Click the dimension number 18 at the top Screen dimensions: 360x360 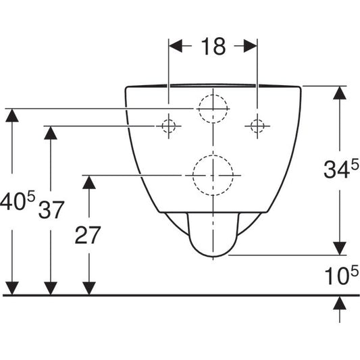point(213,47)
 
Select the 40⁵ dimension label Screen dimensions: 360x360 point(18,201)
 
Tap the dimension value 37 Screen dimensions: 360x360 point(51,210)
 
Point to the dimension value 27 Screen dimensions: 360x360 point(88,235)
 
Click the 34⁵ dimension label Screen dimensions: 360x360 point(341,170)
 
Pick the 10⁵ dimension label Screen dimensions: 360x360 point(341,275)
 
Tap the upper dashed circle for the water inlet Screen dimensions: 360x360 point(213,95)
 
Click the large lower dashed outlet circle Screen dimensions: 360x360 point(213,155)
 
